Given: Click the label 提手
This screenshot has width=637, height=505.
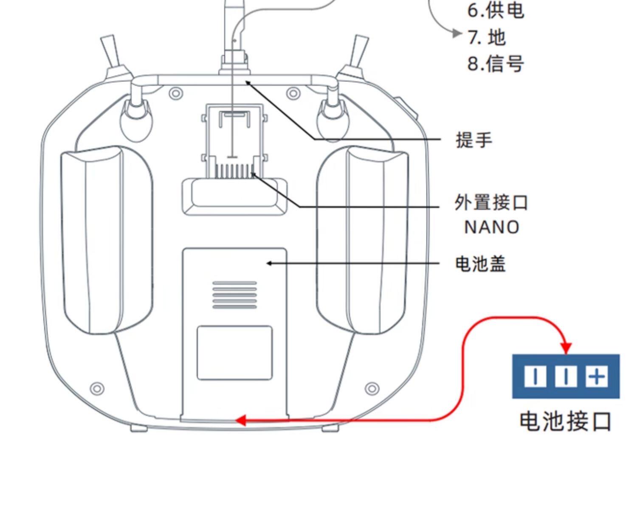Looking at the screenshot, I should tap(474, 140).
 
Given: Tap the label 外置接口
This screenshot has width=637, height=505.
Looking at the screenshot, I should tap(491, 203).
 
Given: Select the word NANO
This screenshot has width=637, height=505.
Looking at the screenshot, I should tap(492, 227).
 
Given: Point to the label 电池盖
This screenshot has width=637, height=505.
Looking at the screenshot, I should tap(480, 264).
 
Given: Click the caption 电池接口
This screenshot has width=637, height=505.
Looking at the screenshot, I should tap(565, 421).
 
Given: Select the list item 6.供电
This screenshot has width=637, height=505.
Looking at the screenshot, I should tap(496, 11).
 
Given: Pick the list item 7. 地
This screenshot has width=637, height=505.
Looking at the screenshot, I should tap(487, 37).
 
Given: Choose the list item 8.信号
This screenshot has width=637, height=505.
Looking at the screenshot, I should tap(496, 64).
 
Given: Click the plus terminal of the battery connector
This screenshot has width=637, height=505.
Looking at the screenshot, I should tap(597, 376).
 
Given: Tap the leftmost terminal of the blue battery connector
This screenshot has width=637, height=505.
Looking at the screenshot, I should tap(535, 376).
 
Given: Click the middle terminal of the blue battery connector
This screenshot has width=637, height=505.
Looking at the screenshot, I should tap(566, 376).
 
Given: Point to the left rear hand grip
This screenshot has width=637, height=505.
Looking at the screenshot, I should tap(106, 240).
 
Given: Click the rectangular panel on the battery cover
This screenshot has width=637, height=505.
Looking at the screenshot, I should tap(234, 353).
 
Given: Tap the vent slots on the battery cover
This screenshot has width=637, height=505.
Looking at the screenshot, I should tap(234, 295).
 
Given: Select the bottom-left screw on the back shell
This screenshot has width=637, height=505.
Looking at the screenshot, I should tap(98, 388).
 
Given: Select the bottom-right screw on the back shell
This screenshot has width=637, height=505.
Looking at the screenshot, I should tap(372, 388).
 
